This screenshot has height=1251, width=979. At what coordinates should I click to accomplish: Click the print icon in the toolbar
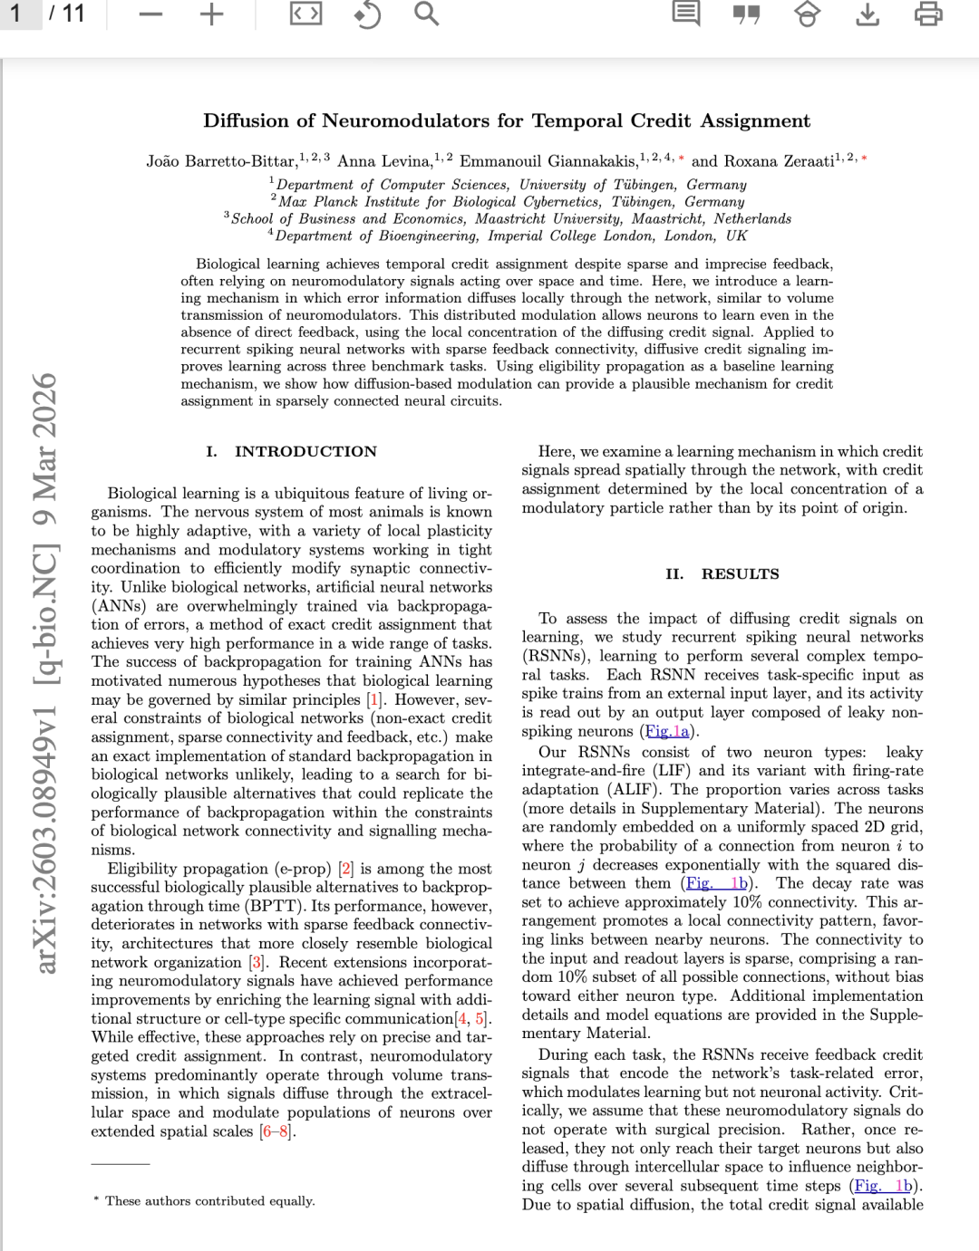[x=928, y=14]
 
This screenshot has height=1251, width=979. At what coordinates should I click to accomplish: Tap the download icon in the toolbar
[x=868, y=14]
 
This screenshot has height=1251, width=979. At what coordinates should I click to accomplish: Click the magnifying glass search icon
[x=426, y=14]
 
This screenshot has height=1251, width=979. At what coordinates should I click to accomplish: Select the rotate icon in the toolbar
[x=366, y=14]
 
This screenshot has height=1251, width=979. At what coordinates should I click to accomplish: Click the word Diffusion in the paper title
[x=247, y=120]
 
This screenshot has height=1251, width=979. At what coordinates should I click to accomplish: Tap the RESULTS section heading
[x=739, y=573]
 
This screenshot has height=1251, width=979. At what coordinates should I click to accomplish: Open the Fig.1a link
[x=667, y=731]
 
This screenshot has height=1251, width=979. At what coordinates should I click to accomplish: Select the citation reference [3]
[x=257, y=962]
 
